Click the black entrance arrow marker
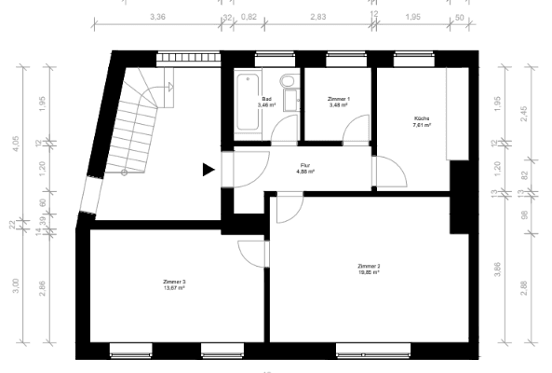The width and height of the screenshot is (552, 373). [x=209, y=169]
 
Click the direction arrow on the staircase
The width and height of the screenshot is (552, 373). [x=172, y=87]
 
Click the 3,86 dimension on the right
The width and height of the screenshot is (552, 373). [x=498, y=270]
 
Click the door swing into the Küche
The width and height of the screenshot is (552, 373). [x=389, y=172]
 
